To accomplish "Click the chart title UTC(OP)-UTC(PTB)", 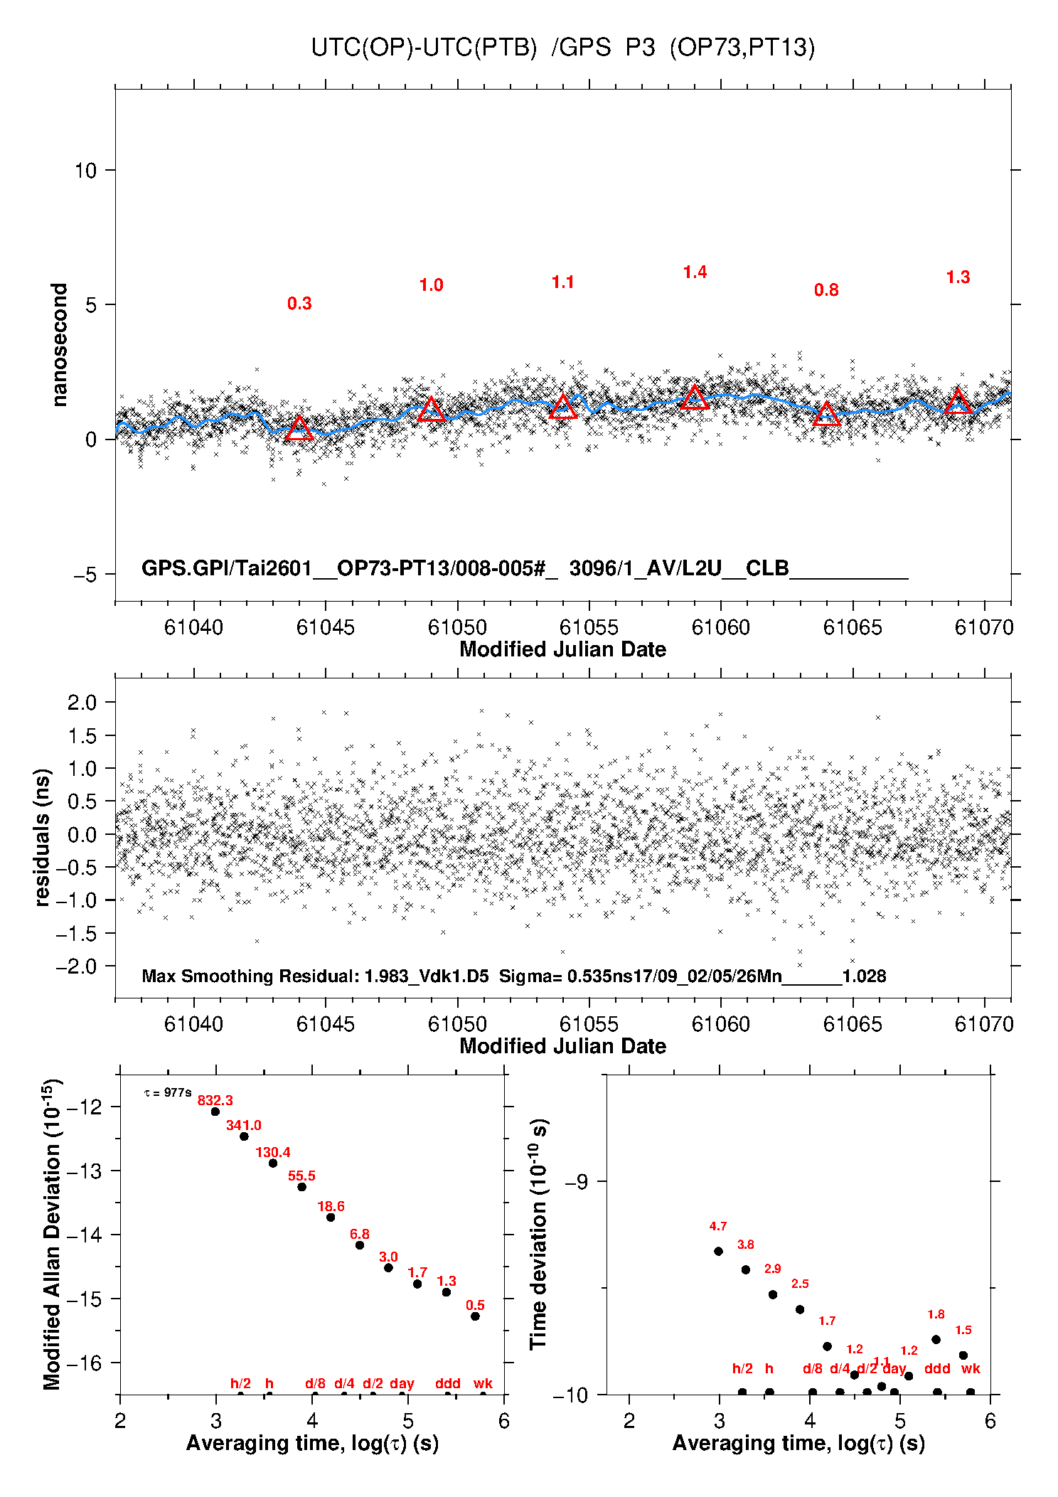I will pos(424,48).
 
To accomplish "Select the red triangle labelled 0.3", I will pos(299,429).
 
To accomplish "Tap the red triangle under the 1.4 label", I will pos(695,398).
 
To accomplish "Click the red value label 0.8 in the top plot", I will pos(826,290).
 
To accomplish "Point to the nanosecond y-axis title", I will pos(60,345).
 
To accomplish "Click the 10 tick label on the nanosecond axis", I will pos(85,171).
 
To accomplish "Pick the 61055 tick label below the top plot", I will pos(589,627).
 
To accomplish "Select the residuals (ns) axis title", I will pos(43,837).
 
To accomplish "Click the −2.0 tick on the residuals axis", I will pos(80,966).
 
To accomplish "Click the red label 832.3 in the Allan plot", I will pos(215,1100).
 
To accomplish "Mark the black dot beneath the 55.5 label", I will pos(301,1187).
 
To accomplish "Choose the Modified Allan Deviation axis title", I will pos(52,1234).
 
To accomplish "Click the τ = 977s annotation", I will pos(168,1092).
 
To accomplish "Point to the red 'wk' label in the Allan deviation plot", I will pos(483,1383).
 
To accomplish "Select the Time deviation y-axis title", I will pos(538,1234).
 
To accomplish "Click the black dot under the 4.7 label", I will pos(718,1251).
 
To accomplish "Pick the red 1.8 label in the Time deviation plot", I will pos(936,1314).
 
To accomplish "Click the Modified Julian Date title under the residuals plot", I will pos(562,1046).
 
